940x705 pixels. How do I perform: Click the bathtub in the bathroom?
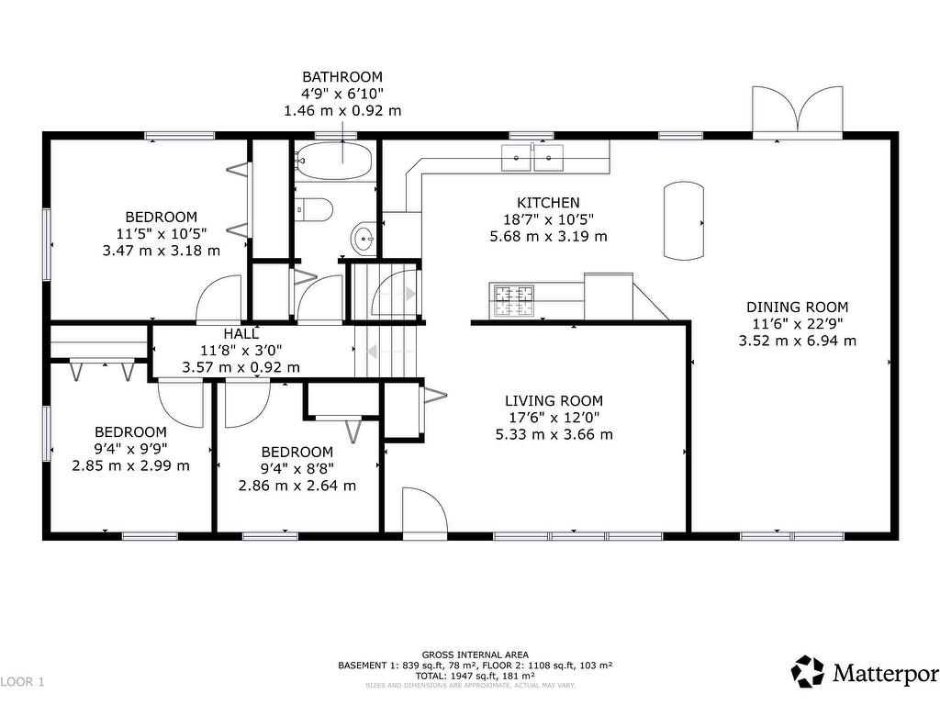[x=334, y=160]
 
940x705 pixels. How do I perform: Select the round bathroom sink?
[x=363, y=239]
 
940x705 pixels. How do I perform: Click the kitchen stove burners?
[x=514, y=301]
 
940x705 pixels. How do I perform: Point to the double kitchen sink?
[x=532, y=158]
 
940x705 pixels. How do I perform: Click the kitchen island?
[x=683, y=221]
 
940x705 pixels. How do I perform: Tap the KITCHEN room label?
[x=549, y=203]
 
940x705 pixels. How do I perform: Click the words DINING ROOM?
[x=798, y=307]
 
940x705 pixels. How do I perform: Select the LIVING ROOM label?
[x=554, y=401]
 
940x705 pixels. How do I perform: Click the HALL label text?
[x=241, y=334]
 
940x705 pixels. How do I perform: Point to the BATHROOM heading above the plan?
[x=342, y=77]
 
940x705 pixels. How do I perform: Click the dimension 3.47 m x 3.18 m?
[x=162, y=251]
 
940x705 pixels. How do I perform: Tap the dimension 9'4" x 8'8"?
[x=297, y=468]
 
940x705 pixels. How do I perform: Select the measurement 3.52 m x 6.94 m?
[x=798, y=341]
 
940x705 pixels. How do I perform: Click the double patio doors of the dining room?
[x=798, y=110]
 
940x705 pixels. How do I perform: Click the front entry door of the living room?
[x=425, y=509]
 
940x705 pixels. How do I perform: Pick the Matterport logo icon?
[x=808, y=672]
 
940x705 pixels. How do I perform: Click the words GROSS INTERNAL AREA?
[x=476, y=655]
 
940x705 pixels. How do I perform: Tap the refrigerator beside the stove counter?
[x=609, y=297]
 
